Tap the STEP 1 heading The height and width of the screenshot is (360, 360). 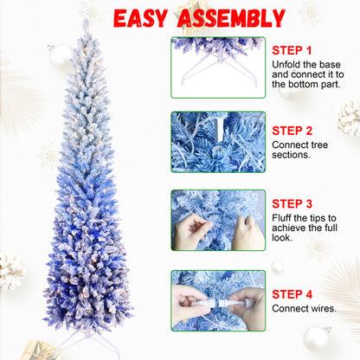pyautogui.click(x=292, y=51)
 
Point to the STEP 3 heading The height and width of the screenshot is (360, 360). pyautogui.click(x=292, y=205)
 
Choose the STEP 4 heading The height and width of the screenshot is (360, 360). pyautogui.click(x=292, y=293)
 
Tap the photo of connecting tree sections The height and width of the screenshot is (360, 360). pyautogui.click(x=217, y=141)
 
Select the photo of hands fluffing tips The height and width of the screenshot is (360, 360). pyautogui.click(x=217, y=220)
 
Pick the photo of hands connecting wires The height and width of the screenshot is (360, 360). pyautogui.click(x=217, y=300)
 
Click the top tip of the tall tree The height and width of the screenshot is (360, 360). pyautogui.click(x=85, y=23)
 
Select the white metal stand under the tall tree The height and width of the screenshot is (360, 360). pyautogui.click(x=86, y=338)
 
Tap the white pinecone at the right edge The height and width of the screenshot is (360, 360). pyautogui.click(x=350, y=119)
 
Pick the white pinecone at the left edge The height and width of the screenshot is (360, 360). pyautogui.click(x=10, y=272)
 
